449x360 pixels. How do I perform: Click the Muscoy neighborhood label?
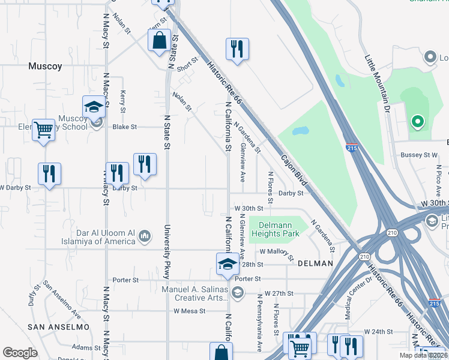(x=45, y=67)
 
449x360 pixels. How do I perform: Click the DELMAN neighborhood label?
(x=315, y=263)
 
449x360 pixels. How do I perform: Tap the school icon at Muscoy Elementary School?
(x=93, y=107)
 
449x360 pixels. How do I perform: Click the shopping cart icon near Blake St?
(x=43, y=129)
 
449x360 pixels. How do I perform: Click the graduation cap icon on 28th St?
(x=228, y=264)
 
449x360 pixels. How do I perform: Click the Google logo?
(x=20, y=353)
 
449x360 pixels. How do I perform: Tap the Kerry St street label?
(x=122, y=101)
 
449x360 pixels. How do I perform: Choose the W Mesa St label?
(x=190, y=311)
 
